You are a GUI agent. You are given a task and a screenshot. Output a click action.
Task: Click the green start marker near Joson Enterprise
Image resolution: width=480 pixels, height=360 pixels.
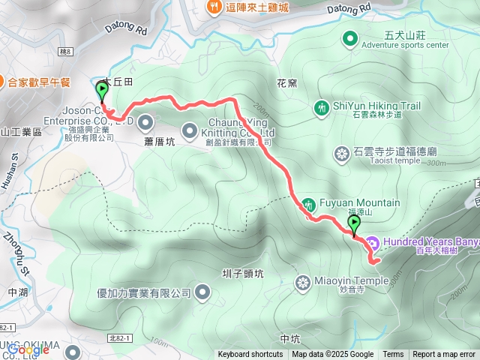[x=102, y=91]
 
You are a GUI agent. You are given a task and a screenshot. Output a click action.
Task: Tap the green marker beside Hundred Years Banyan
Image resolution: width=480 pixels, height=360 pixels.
[x=354, y=223]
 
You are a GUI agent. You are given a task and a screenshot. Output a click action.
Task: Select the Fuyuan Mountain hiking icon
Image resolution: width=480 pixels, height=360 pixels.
[x=308, y=203]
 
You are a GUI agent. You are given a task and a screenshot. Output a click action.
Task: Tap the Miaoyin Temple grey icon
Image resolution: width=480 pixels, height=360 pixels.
[x=303, y=283]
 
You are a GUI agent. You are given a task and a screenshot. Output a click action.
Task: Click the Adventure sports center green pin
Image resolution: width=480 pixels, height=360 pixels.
[x=349, y=38]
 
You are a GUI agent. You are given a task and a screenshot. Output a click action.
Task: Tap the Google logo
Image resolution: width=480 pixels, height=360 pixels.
[x=28, y=349]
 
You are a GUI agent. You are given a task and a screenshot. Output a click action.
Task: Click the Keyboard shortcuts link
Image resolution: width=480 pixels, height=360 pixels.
[x=250, y=355]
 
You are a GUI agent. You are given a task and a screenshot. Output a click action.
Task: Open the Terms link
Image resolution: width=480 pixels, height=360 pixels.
[x=393, y=355]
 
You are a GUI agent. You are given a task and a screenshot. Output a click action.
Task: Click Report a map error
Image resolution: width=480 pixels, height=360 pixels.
[x=444, y=355]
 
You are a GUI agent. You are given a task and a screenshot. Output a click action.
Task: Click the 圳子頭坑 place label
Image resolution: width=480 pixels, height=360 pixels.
[x=242, y=274]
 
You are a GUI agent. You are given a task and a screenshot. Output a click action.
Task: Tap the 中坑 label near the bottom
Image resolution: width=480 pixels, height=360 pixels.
[x=289, y=339]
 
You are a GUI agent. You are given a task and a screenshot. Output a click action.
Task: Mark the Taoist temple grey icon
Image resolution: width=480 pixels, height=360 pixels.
[x=342, y=154]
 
